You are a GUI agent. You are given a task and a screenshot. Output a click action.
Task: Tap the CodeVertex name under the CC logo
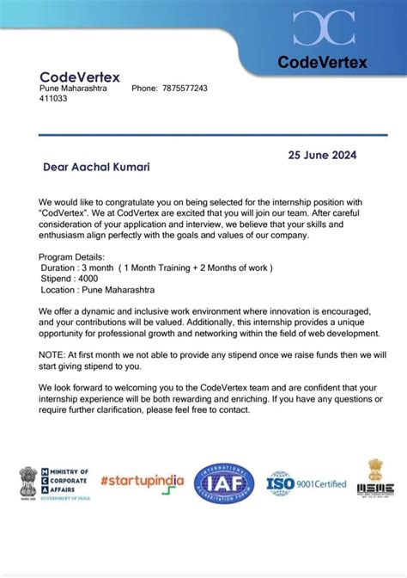(x=322, y=62)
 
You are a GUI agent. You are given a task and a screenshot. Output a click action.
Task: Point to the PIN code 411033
(x=53, y=99)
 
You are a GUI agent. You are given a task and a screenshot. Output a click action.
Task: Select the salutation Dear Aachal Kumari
(x=91, y=167)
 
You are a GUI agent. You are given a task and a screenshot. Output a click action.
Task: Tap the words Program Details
(x=72, y=256)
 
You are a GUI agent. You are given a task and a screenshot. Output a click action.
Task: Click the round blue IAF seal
(x=225, y=483)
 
